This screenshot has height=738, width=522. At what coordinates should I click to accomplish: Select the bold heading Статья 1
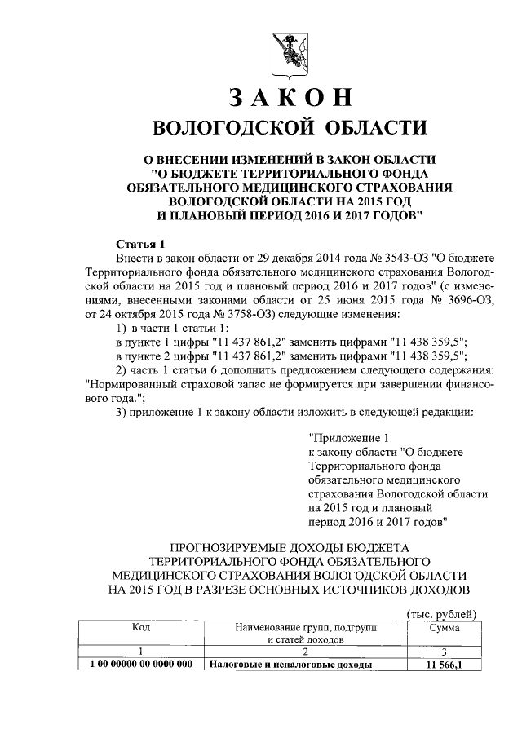pyautogui.click(x=140, y=244)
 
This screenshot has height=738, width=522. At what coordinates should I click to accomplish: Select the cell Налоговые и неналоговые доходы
pyautogui.click(x=290, y=665)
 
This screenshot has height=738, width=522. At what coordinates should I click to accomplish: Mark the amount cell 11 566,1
pyautogui.click(x=443, y=665)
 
